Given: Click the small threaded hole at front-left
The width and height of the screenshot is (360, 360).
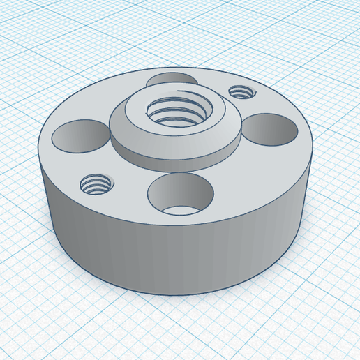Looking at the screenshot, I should (x=96, y=185).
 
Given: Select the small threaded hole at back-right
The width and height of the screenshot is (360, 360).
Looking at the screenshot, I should (x=241, y=91).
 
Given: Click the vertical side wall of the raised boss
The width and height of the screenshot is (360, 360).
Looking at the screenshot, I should (x=174, y=160).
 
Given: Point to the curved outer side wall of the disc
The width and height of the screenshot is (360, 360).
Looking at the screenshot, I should (x=174, y=258).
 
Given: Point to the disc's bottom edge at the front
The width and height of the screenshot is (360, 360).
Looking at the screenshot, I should (x=181, y=294).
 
